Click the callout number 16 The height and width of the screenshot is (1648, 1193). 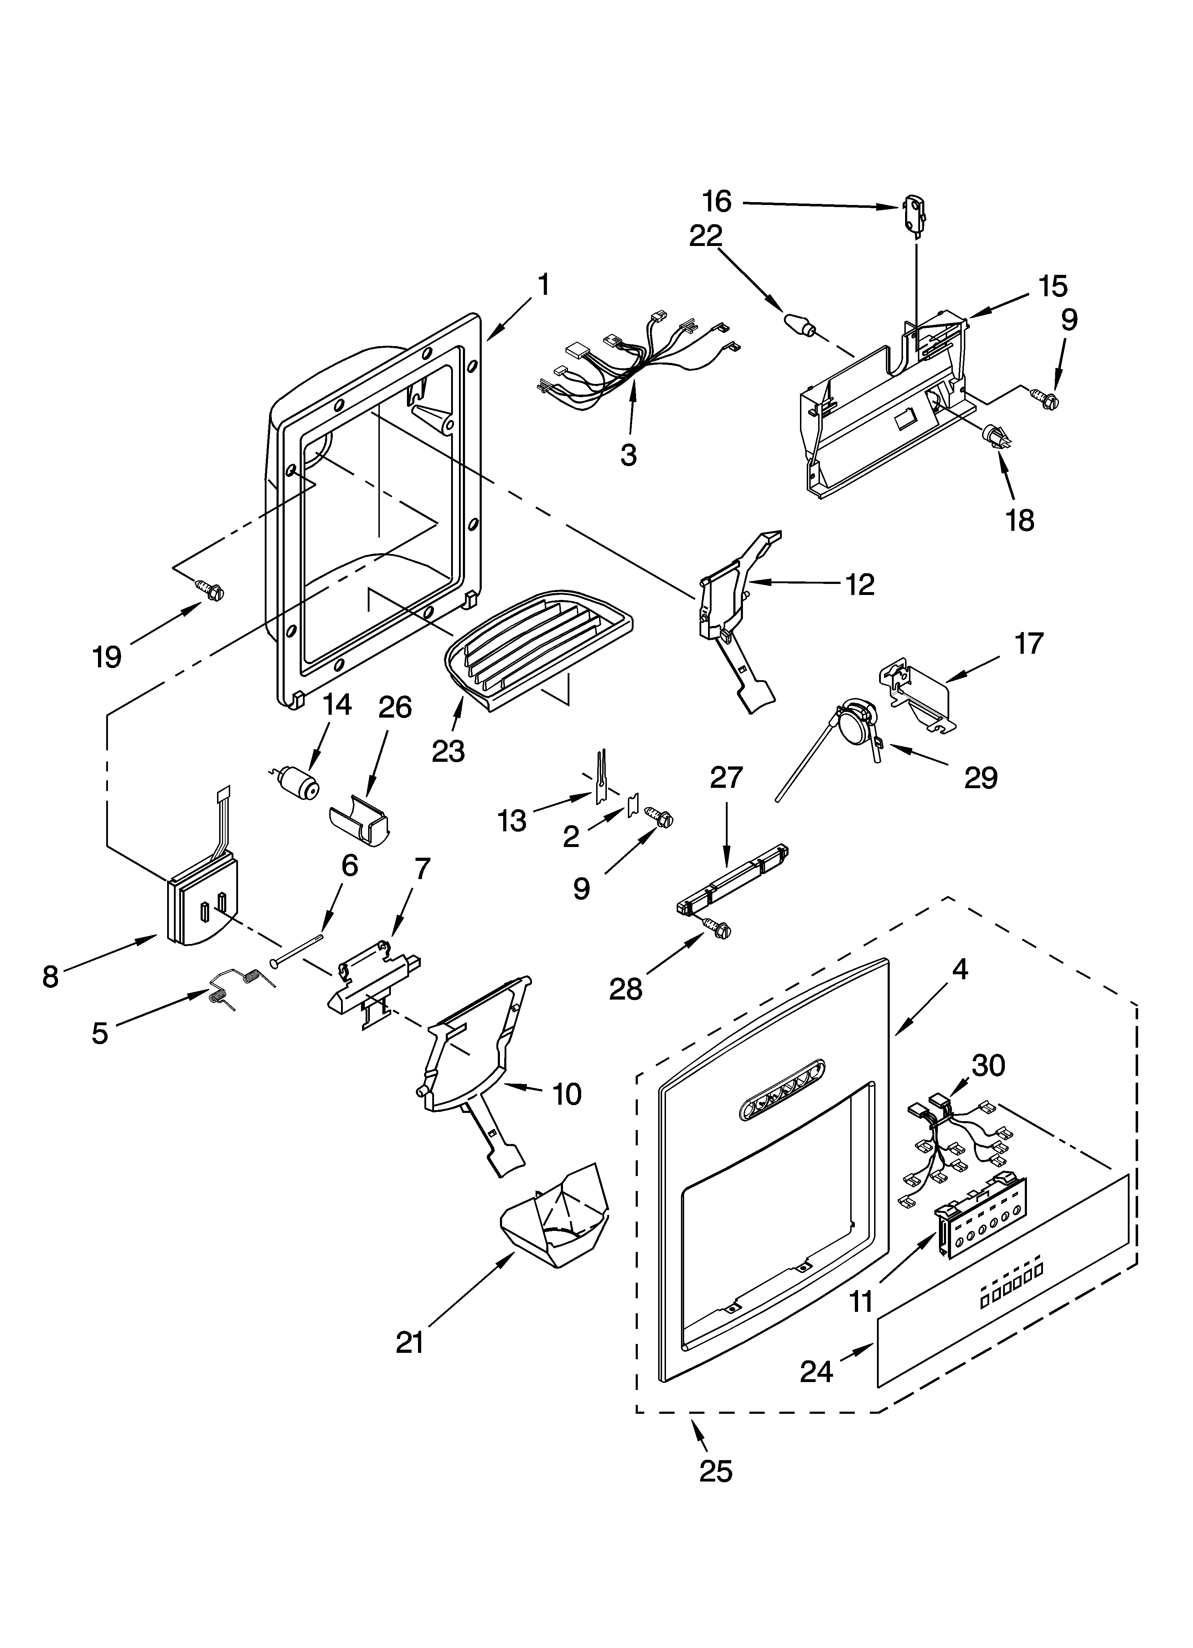pyautogui.click(x=717, y=201)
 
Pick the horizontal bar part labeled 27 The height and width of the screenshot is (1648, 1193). pyautogui.click(x=732, y=882)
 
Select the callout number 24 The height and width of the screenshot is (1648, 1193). pyautogui.click(x=817, y=1371)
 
